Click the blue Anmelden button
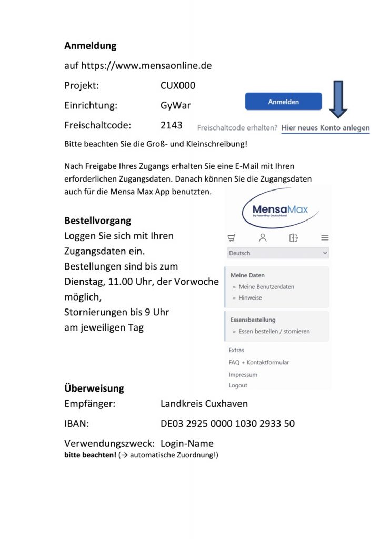coord(283,102)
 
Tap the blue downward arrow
coord(338,99)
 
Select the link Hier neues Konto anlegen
coord(325,128)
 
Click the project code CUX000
coord(178,85)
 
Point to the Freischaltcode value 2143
coord(172,125)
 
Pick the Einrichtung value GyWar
coord(176,105)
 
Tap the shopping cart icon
coord(232,238)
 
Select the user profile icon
coord(263,238)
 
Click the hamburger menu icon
coord(325,238)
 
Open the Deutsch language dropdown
coord(278,253)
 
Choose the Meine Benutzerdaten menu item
coord(266,287)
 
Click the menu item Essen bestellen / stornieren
coord(274,331)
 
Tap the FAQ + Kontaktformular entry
coord(259,362)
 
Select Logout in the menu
coord(238,385)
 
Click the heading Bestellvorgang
coord(98,220)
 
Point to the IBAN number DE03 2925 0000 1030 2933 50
coord(227,424)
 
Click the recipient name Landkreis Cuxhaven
coord(204,404)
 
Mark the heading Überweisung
coord(94,388)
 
